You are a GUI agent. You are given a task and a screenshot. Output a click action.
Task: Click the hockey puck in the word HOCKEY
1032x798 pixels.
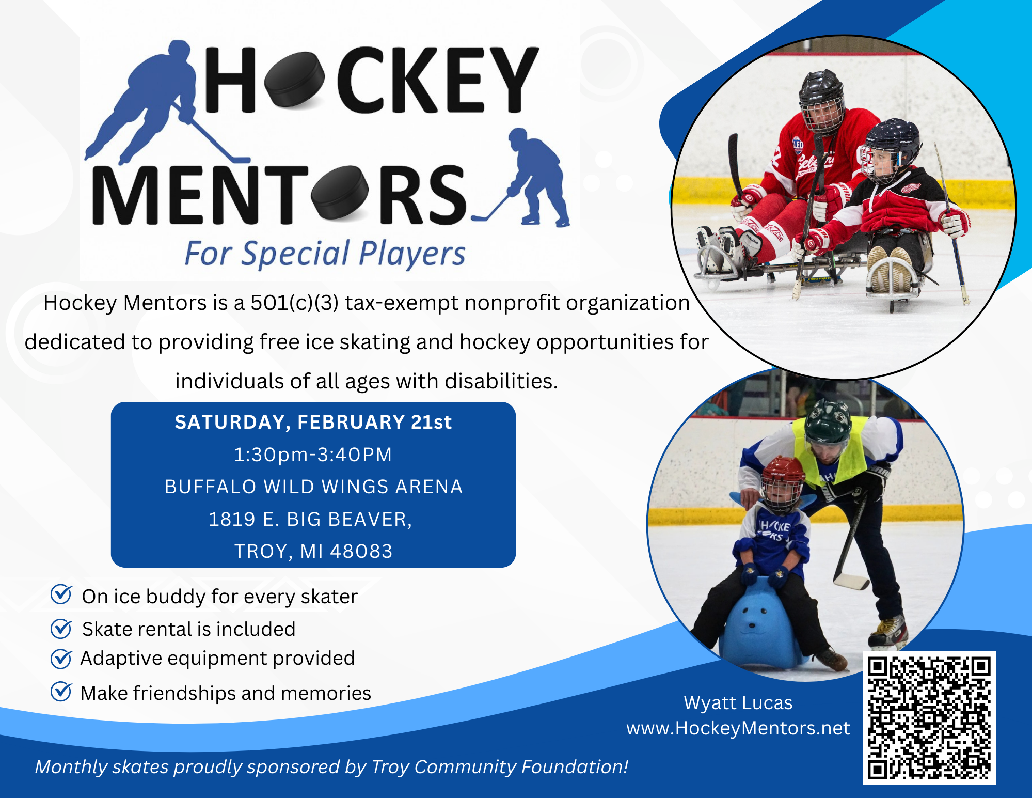point(294,81)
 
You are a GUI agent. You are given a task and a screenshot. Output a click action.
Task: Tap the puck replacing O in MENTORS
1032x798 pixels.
point(340,192)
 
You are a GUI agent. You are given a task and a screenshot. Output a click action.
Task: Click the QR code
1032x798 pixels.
point(929,717)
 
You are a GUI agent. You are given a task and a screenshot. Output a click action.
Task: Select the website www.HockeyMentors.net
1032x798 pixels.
point(738,728)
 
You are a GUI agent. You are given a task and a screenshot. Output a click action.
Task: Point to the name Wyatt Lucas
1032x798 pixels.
point(738,703)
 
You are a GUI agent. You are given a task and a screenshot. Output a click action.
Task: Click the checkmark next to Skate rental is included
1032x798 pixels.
point(61,629)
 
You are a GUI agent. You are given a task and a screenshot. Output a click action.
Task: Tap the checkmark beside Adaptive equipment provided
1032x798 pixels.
point(61,659)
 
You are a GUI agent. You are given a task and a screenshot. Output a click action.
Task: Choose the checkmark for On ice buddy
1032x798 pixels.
point(61,595)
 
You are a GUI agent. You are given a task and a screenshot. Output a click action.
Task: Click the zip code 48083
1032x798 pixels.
point(361,551)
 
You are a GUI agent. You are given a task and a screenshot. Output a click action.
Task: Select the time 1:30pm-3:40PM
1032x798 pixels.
point(313,455)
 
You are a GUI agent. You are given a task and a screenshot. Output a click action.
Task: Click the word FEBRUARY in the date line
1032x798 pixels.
point(351,422)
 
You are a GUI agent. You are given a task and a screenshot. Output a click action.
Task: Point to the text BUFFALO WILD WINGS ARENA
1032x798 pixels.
point(313,487)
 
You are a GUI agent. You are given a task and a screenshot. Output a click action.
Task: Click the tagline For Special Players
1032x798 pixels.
point(325,254)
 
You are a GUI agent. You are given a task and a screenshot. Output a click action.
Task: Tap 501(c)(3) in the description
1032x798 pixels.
point(294,303)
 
